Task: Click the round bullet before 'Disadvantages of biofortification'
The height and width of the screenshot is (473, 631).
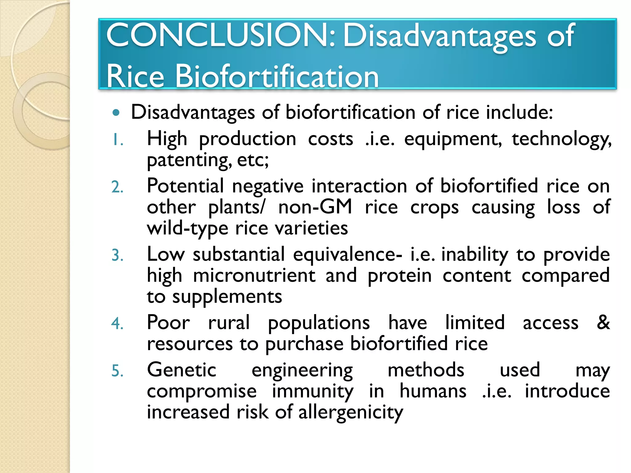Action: coord(116,113)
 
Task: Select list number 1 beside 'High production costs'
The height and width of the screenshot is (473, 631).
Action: coord(117,140)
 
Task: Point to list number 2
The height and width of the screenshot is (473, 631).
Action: coord(117,187)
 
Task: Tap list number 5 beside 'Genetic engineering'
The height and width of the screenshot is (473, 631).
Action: coord(117,371)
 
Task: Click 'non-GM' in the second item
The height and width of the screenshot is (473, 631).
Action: coord(315,207)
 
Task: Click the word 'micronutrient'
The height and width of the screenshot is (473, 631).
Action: coord(254,276)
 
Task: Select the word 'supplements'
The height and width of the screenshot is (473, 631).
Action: coord(227,297)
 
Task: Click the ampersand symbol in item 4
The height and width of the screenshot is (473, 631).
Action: coord(603,323)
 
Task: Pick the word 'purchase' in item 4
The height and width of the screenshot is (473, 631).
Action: coord(304,344)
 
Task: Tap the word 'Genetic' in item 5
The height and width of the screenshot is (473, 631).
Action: coord(181,370)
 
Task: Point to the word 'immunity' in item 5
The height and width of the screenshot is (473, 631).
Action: coord(312,392)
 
